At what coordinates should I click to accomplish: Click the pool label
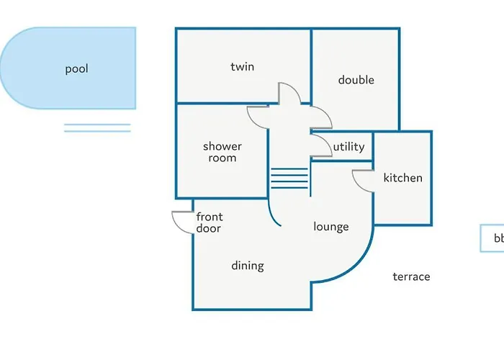pos(76,69)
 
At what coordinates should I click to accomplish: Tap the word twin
pos(242,67)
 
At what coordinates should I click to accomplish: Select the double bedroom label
pos(356,80)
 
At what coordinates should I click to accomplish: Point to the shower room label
pos(222,152)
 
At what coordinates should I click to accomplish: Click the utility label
pos(348,147)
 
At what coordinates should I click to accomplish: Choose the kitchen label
pos(402,178)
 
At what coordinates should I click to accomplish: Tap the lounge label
pos(330,227)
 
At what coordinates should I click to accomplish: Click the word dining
pos(247,266)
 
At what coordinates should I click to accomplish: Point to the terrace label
pos(411,276)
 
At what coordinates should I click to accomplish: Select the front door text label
pos(209,222)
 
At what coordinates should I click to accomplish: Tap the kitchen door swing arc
pos(362,181)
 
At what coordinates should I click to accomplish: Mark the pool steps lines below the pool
pos(97,128)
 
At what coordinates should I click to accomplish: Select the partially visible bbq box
pos(492,238)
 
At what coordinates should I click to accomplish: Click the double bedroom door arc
pos(323,117)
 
